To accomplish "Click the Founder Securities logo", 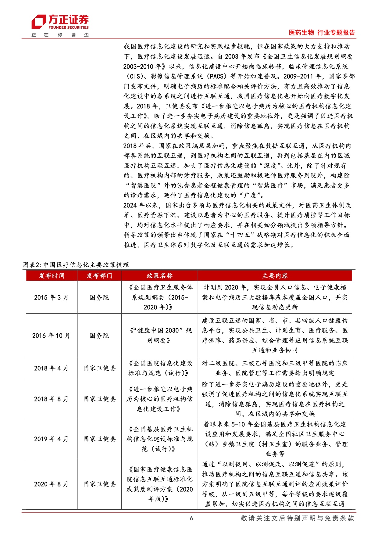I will [x=60, y=22].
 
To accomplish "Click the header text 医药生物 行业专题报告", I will [x=322, y=33].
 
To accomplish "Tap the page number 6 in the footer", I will [x=191, y=518].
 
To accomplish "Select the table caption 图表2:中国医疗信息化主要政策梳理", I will [x=76, y=265].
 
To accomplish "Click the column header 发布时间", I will [x=52, y=276].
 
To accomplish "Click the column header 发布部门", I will [x=99, y=276].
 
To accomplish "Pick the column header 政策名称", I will [x=159, y=276].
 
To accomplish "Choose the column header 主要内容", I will [x=275, y=276].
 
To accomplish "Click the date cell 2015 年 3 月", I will [x=52, y=297].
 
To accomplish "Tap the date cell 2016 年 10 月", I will [x=52, y=336].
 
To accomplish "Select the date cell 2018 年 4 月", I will [x=52, y=368].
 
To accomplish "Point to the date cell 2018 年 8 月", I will [x=52, y=399].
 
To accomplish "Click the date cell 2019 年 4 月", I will [x=52, y=439].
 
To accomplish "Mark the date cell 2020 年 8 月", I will [x=52, y=484].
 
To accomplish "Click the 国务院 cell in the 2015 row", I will [x=99, y=297].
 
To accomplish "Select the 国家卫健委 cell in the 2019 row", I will [x=99, y=439].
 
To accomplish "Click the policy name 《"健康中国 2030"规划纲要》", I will [x=159, y=335].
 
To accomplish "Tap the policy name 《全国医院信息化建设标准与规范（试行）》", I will [x=159, y=368].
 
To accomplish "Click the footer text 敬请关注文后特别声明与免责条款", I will [x=297, y=518].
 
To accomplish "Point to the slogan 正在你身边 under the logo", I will [x=60, y=35].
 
